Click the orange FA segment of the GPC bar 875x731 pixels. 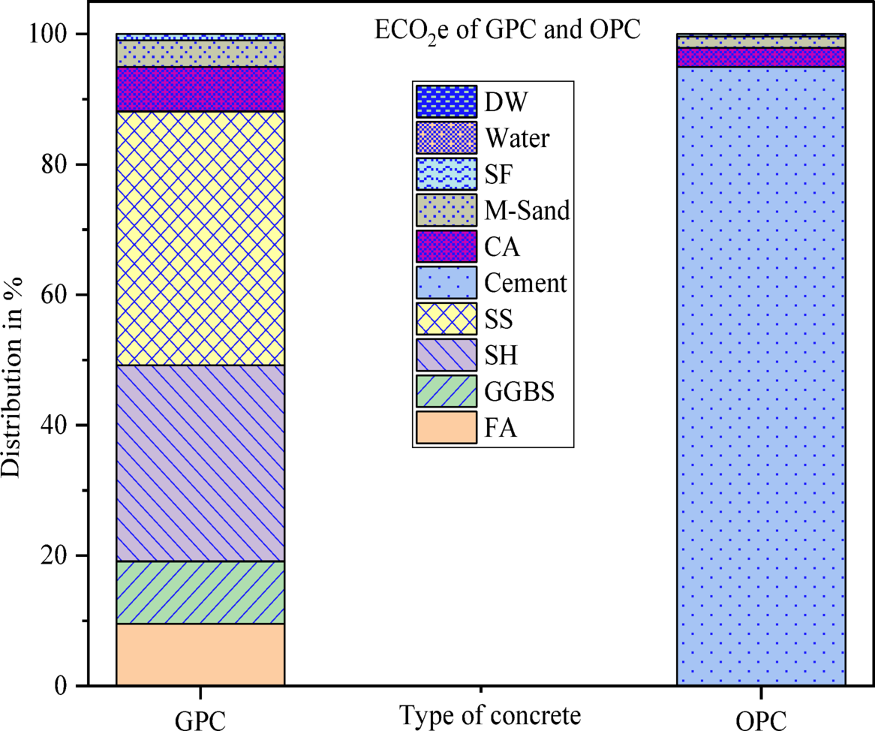click(x=200, y=654)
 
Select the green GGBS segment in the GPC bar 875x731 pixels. click(x=200, y=592)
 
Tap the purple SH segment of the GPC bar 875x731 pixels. click(x=200, y=463)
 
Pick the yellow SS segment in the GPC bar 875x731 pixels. click(x=200, y=238)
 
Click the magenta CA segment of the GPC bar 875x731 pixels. click(x=200, y=89)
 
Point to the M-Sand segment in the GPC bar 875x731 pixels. click(x=200, y=53)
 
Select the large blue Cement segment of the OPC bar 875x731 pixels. click(x=761, y=375)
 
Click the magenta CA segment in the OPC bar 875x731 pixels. click(x=761, y=57)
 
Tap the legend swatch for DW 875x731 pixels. click(x=447, y=101)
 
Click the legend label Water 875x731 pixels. click(x=517, y=139)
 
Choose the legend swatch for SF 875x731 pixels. click(x=447, y=174)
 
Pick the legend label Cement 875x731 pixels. click(x=526, y=284)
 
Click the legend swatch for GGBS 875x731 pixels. click(x=447, y=391)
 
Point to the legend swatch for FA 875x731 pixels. click(x=447, y=427)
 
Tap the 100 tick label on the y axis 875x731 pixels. click(x=50, y=35)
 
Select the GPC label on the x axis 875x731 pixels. click(x=200, y=718)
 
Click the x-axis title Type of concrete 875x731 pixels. click(x=490, y=714)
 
